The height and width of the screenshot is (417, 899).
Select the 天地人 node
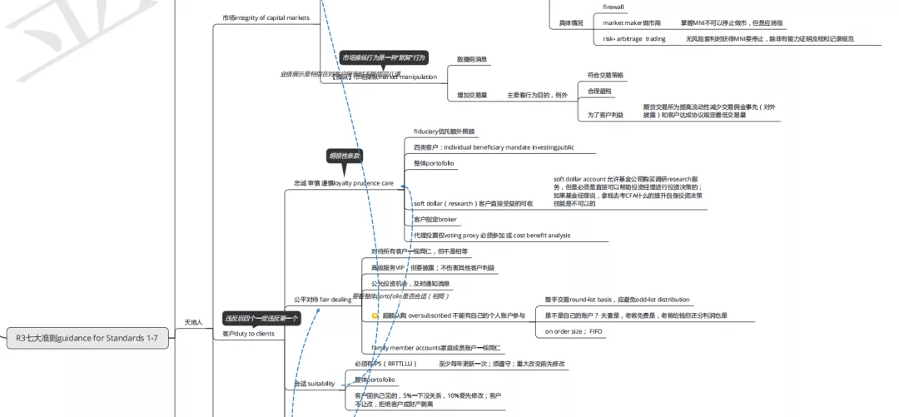[193, 321]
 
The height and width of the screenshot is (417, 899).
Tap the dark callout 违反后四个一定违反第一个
[261, 318]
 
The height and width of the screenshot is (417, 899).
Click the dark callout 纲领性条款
[344, 156]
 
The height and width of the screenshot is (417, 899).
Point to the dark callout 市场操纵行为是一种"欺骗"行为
[384, 57]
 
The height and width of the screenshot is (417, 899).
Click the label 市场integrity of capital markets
[266, 17]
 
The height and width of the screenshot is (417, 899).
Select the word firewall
[613, 7]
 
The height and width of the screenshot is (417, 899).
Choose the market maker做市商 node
[632, 23]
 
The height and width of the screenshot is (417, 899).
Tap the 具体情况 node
[570, 23]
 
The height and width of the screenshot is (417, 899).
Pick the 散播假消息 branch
[472, 59]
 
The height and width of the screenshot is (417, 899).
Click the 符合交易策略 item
[605, 75]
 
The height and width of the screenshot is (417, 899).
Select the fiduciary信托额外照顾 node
[445, 132]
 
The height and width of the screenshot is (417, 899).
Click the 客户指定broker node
[435, 219]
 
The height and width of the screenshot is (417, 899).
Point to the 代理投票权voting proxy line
[491, 235]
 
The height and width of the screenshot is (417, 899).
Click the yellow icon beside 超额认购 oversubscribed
[375, 316]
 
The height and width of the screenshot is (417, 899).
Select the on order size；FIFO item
[574, 331]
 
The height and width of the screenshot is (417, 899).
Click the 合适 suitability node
[314, 384]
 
